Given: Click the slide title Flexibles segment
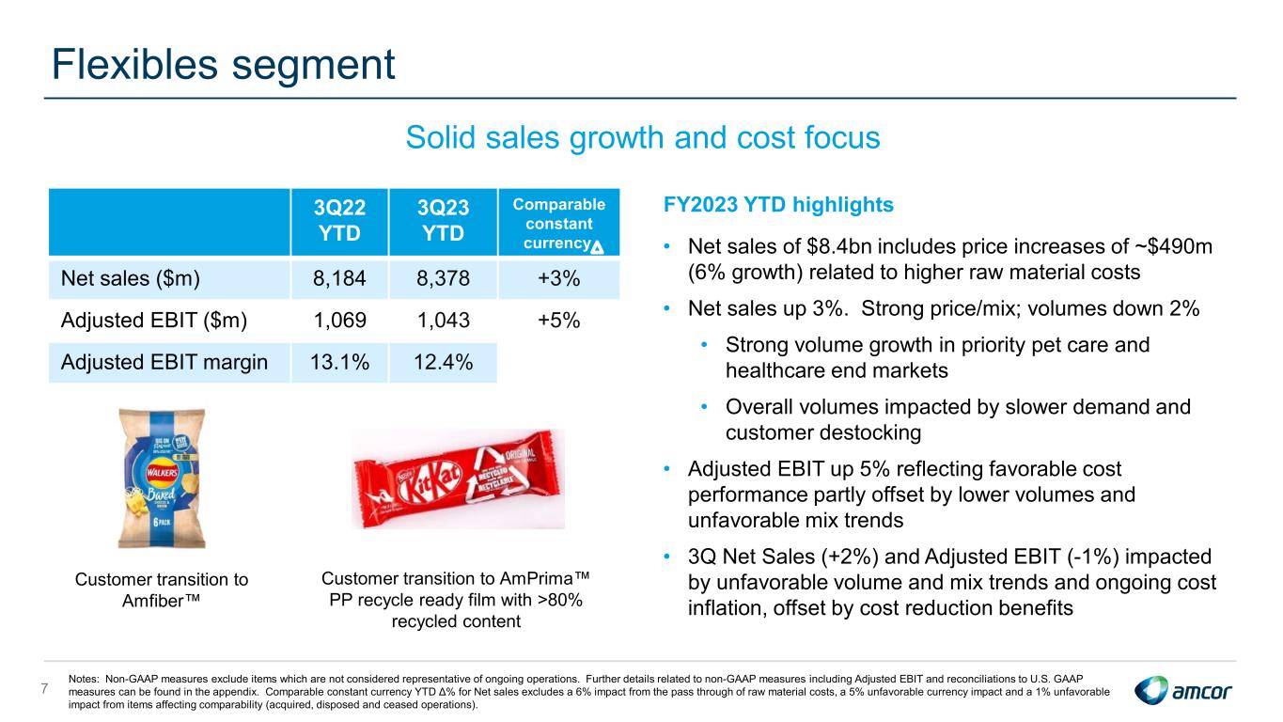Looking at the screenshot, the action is pos(224,65).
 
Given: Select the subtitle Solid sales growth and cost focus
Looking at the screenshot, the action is pos(643,137).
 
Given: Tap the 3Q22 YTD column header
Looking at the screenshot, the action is pos(339,221).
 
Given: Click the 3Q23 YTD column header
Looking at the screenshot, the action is pos(443,221).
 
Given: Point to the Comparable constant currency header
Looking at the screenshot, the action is pos(559,224).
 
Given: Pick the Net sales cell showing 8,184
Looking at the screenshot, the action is pos(339,278).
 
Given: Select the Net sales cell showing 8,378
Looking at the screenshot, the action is pos(443,278).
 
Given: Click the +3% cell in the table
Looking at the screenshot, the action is pos(559,278).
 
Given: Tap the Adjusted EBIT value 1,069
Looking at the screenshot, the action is pos(339,321).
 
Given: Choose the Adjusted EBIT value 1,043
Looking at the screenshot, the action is pos(443,321).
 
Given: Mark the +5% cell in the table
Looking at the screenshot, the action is pos(559,321).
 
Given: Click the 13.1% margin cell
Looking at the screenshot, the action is pos(339,362).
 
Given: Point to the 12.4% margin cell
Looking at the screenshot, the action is pos(443,362).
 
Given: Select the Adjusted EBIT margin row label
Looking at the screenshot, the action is pos(164,362).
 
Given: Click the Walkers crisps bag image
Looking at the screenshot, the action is pos(162,478).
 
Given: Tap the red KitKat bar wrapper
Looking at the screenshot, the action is pos(458,479).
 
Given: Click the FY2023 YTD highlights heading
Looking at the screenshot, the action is pos(778,205).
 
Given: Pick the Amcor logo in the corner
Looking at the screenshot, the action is pos(1182,690).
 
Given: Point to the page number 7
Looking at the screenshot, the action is pos(45,688).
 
